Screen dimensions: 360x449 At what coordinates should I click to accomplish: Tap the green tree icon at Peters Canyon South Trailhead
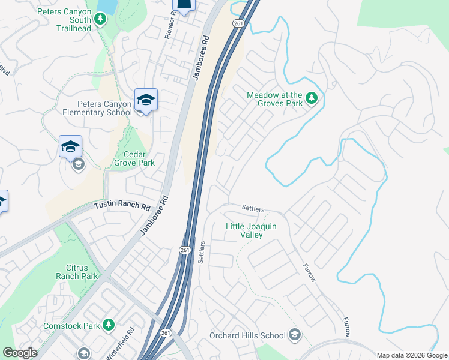pos(101,20)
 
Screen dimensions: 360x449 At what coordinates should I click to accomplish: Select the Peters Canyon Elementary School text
pos(97,108)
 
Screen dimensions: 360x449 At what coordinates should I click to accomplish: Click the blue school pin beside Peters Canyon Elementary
pos(146,100)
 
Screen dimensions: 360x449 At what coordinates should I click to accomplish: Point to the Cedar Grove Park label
pos(135,158)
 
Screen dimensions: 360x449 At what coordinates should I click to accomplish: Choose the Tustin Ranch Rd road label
pos(122,206)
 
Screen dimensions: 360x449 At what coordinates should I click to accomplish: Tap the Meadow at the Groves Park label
pos(274,98)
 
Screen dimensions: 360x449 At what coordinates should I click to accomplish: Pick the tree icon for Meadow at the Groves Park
pos(311,97)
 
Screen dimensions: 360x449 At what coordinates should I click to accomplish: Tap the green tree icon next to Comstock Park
pos(109,325)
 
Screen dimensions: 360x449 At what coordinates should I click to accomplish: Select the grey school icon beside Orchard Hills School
pos(294,334)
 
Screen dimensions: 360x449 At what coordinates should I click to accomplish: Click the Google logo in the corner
pos(20,353)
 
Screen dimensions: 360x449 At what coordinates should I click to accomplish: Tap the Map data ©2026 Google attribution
pos(411,355)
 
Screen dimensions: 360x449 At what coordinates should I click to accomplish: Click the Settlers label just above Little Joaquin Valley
pos(253,208)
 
